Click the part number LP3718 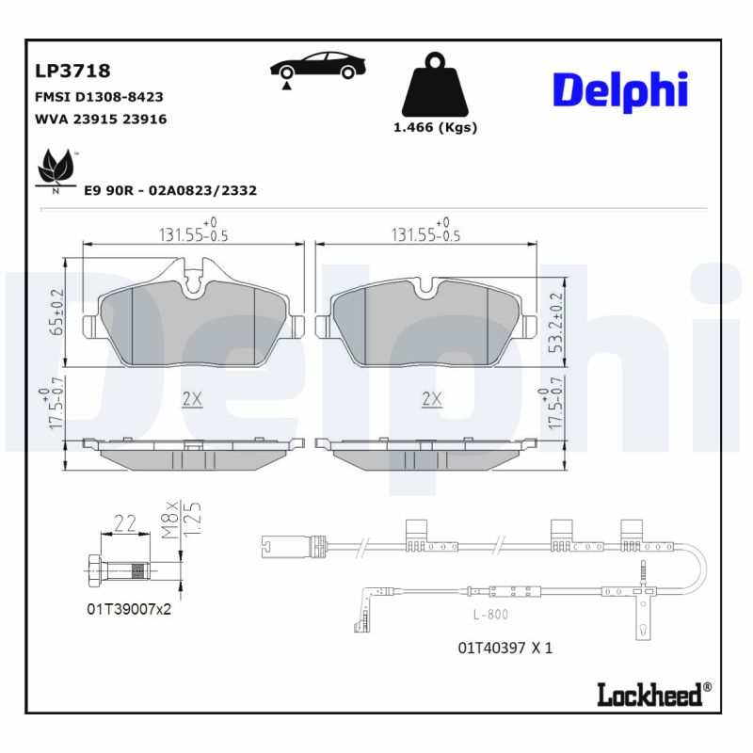[x=72, y=71]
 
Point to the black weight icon [x=434, y=88]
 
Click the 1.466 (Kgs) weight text [x=435, y=128]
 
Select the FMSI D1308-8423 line [x=99, y=96]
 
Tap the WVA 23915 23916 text [x=101, y=120]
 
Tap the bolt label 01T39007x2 [x=129, y=609]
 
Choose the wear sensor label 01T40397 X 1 [x=505, y=648]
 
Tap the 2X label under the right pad [x=431, y=399]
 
